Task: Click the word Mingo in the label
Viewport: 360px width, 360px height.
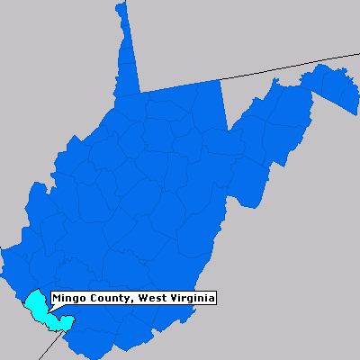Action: coord(67,299)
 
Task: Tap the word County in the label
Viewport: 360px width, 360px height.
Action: coord(104,299)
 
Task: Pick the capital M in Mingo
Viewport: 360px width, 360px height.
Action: coord(56,299)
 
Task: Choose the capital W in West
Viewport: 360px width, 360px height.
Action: coord(135,299)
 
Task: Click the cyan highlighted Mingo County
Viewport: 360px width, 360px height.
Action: coord(37,306)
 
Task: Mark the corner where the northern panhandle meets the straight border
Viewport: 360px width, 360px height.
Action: coord(140,93)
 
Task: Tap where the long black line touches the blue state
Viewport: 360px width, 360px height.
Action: coord(221,80)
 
